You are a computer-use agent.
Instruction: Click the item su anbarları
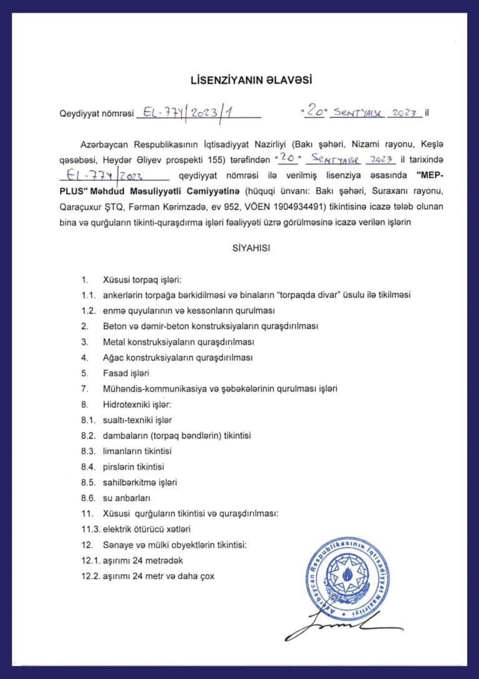pyautogui.click(x=127, y=498)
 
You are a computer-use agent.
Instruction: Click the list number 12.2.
pyautogui.click(x=90, y=576)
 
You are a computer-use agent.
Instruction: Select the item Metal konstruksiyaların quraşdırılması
pyautogui.click(x=178, y=342)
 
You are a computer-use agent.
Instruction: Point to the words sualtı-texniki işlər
pyautogui.click(x=137, y=420)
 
